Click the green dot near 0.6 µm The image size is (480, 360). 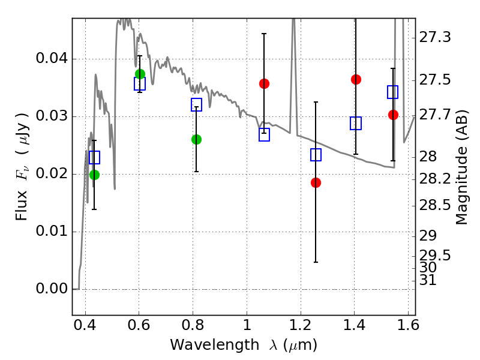(140, 74)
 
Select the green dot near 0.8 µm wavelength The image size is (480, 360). (196, 140)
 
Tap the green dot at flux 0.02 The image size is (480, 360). (94, 175)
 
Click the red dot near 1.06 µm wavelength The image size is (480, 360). (264, 83)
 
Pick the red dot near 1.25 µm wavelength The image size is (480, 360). (316, 183)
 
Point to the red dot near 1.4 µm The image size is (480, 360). (356, 79)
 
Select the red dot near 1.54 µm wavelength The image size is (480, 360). (393, 115)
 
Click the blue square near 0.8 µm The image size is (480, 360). (196, 104)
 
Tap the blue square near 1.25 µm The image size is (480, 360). (316, 155)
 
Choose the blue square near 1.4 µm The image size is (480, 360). (356, 123)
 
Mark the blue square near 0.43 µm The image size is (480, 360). (94, 157)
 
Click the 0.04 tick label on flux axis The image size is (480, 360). (52, 58)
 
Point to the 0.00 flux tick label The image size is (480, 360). (52, 289)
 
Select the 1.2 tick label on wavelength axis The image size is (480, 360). (301, 325)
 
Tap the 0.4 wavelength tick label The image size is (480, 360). (85, 325)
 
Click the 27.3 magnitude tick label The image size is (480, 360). (434, 37)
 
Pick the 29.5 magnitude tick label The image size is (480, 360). (434, 255)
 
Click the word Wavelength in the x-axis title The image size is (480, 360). (214, 345)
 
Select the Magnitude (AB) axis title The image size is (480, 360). (461, 167)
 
